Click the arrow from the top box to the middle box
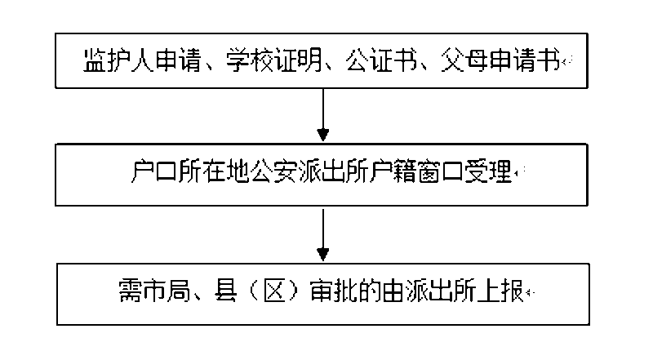coord(324,114)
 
